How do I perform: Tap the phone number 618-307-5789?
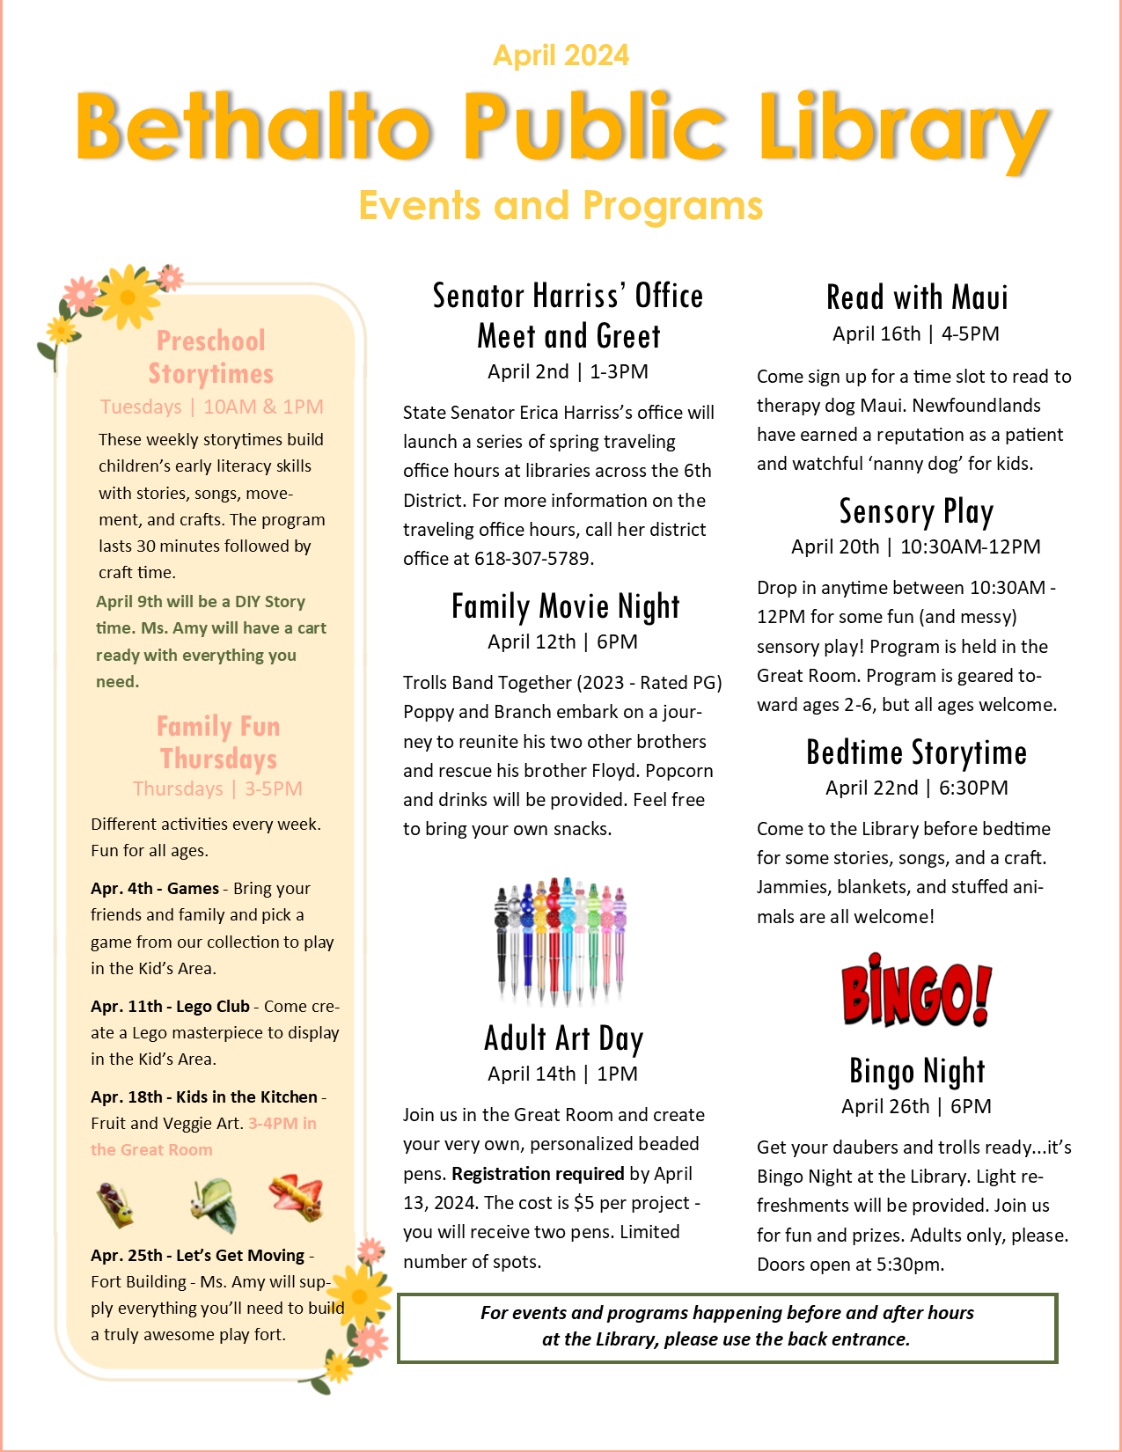point(533,559)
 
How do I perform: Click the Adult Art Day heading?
point(563,1038)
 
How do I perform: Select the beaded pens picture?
point(561,940)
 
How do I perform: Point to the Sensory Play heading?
point(916,511)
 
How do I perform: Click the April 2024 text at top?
point(561,55)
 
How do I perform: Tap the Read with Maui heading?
point(916,297)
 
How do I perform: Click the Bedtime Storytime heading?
point(916,753)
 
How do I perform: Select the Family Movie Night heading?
point(565,606)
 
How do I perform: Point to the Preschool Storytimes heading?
point(210,356)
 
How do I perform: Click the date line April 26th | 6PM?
point(916,1106)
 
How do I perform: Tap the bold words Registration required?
point(538,1174)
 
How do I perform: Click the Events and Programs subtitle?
point(561,206)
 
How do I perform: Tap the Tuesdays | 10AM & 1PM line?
point(211,407)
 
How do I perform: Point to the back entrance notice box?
point(727,1327)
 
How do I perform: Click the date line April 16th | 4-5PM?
point(916,334)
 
